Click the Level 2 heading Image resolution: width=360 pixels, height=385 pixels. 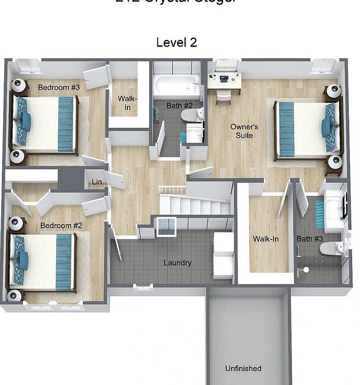[177, 43]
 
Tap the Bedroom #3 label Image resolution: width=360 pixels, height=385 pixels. [59, 87]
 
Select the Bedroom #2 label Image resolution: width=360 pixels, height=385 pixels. [61, 226]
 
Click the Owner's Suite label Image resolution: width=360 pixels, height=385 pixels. [244, 131]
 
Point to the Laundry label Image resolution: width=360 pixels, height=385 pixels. [177, 263]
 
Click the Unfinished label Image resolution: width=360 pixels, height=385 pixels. [243, 368]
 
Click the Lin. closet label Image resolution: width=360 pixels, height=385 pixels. [98, 182]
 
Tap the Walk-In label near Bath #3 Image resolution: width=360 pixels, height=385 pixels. [266, 239]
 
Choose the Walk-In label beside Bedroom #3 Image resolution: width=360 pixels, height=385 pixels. [128, 103]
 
